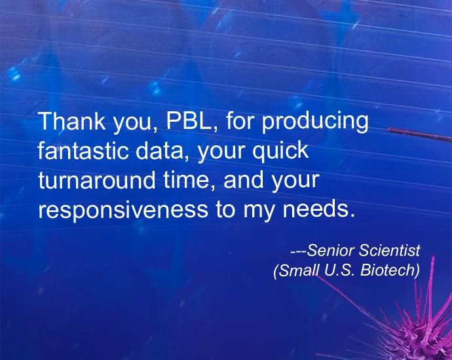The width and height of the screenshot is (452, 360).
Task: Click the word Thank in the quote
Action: (71, 121)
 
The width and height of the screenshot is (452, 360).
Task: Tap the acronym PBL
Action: (189, 121)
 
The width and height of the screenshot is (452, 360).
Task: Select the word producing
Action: (315, 123)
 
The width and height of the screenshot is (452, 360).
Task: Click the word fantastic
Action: (83, 151)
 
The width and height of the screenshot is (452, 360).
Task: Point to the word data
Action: (160, 151)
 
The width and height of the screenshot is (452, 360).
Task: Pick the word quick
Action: (280, 151)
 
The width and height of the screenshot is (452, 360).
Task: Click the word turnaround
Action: (96, 180)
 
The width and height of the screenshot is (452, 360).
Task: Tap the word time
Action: (189, 180)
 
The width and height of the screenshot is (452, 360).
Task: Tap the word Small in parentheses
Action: (296, 270)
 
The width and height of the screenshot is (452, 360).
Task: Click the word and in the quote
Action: (243, 180)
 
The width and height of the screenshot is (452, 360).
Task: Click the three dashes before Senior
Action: (298, 252)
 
